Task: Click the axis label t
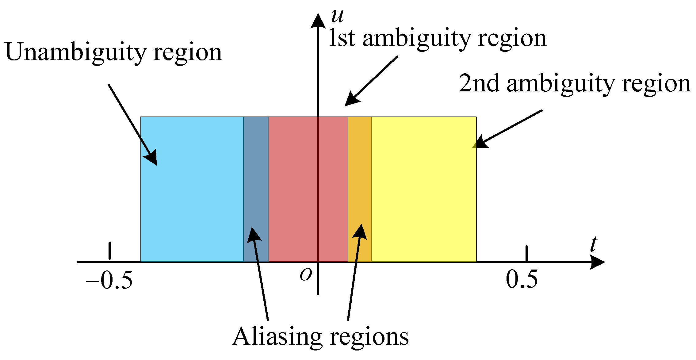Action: [594, 244]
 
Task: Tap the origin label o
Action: [306, 274]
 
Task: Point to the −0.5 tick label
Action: [109, 280]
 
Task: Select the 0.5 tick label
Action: [522, 279]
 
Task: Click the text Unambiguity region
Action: [113, 52]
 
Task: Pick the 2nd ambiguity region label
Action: [575, 83]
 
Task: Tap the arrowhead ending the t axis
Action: [597, 262]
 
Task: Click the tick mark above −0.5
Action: [109, 251]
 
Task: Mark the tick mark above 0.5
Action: [526, 253]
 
